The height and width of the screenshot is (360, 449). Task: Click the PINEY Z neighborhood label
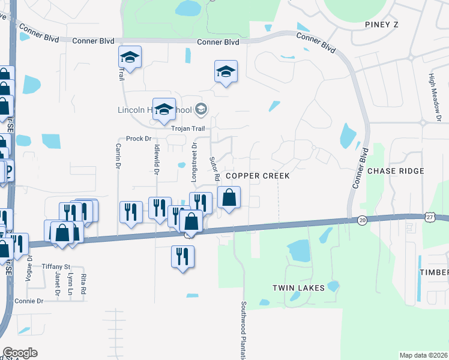[x=382, y=24]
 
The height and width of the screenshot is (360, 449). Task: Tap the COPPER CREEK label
[x=258, y=176]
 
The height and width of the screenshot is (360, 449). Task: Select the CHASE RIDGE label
[x=396, y=171]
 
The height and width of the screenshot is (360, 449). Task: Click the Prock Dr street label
[x=138, y=139]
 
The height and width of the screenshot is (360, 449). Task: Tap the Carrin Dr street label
[x=119, y=155]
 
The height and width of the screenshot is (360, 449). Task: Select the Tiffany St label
[x=56, y=266]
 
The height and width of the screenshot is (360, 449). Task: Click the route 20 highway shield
[x=362, y=220]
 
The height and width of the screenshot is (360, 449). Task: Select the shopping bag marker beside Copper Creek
[x=229, y=197]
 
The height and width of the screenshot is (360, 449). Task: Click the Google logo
[x=19, y=353]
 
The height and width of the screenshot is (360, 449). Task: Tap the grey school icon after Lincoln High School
[x=200, y=109]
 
